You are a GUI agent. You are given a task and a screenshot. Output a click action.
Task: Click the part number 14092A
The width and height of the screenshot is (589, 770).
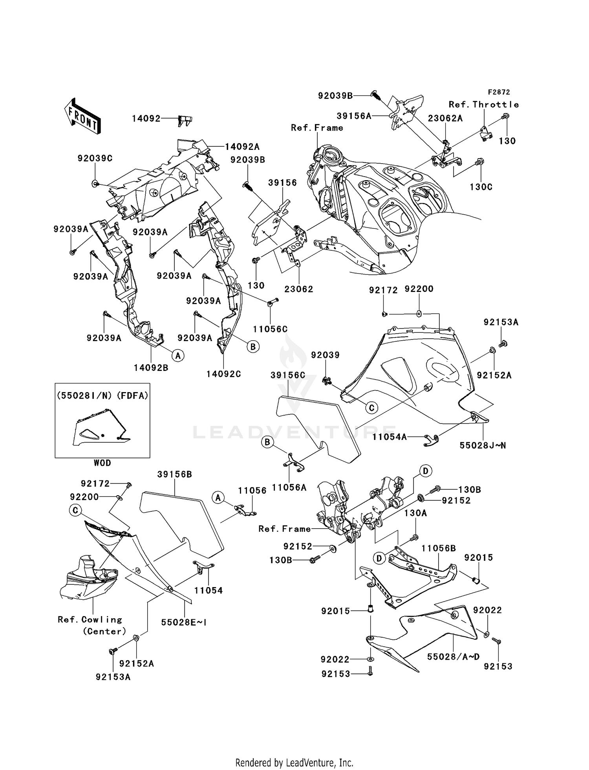[x=242, y=146]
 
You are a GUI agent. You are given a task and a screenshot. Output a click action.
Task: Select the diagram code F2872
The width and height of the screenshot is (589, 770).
[x=499, y=92]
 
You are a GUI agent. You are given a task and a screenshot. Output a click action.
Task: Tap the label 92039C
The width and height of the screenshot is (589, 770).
[x=95, y=159]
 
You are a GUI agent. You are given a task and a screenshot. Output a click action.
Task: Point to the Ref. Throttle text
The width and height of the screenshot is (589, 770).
[x=484, y=104]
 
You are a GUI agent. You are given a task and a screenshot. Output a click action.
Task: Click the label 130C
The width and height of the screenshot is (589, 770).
[x=481, y=187]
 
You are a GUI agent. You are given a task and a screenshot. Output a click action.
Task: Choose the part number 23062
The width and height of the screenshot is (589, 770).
[x=299, y=289]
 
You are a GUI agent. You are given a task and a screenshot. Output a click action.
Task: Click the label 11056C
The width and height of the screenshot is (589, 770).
[x=270, y=329]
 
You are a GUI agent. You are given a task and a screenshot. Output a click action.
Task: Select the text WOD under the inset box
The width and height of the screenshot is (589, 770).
[x=102, y=463]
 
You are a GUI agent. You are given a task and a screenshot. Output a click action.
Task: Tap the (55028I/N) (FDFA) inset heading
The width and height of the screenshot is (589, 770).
[x=102, y=396]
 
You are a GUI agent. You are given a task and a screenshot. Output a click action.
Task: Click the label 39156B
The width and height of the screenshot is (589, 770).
[x=174, y=474]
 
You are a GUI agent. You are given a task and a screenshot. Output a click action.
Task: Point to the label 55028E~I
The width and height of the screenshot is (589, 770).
[x=184, y=622]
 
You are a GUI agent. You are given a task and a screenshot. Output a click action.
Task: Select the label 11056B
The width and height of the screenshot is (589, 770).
[x=439, y=548]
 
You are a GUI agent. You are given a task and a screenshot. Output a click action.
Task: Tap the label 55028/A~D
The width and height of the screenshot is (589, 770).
[x=453, y=657]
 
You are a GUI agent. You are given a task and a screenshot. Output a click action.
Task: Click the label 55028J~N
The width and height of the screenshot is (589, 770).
[x=483, y=445]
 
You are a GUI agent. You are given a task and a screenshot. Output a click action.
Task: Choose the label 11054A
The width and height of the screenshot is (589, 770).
[x=390, y=436]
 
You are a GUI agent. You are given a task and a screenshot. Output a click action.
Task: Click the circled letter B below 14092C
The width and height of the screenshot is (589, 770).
[x=253, y=347]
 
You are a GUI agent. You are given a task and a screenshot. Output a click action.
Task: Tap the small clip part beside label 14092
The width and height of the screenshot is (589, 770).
[x=185, y=120]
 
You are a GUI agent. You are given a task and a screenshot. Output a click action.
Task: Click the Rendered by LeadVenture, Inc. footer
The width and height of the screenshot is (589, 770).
[x=294, y=763]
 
